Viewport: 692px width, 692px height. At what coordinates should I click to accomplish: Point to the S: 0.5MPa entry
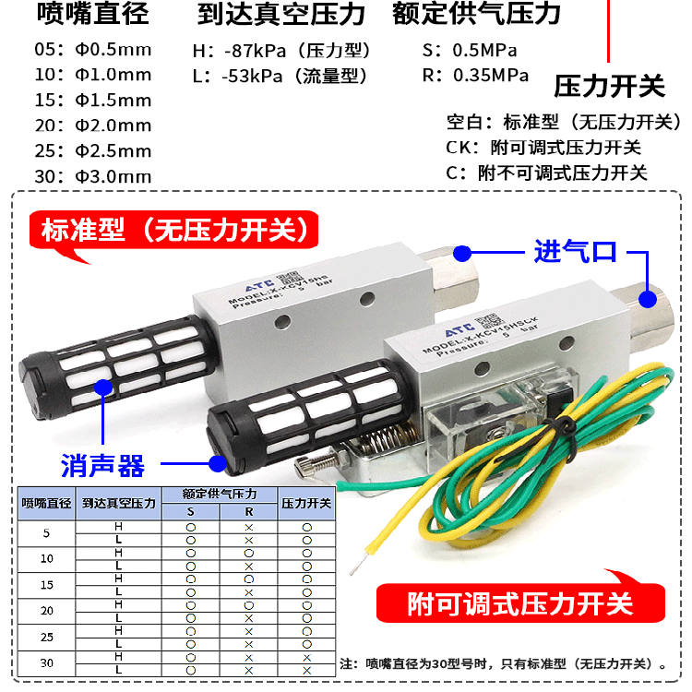click(x=470, y=50)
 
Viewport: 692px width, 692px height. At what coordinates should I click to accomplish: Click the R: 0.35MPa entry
click(x=475, y=76)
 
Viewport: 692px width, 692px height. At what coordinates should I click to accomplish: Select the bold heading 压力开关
click(x=609, y=88)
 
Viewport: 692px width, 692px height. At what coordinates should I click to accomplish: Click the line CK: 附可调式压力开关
click(x=543, y=147)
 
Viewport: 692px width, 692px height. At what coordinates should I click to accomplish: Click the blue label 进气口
click(x=575, y=251)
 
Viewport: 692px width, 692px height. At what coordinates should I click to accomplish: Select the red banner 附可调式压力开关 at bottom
click(x=520, y=604)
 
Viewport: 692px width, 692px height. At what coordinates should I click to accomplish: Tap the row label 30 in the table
click(x=47, y=662)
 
